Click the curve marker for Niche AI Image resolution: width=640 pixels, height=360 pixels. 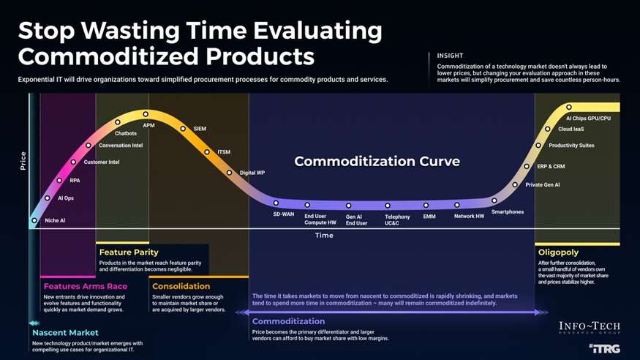click(x=34, y=220)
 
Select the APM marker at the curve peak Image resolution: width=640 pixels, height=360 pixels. click(x=146, y=114)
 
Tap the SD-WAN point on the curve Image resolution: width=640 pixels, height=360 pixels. click(x=276, y=203)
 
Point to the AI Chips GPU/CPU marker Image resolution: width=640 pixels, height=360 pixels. click(x=569, y=107)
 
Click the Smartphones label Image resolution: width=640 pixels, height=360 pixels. click(x=507, y=212)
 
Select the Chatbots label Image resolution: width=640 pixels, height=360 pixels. click(x=126, y=133)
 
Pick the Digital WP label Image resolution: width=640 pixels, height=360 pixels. click(x=252, y=173)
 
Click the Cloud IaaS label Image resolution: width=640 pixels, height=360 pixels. click(x=571, y=129)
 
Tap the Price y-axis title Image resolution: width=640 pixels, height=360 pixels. click(x=23, y=162)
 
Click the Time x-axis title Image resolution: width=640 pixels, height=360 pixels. click(x=324, y=236)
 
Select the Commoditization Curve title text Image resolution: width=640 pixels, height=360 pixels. click(x=377, y=161)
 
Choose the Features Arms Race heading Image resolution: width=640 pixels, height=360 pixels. click(x=84, y=286)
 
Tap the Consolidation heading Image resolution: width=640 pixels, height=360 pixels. click(x=181, y=286)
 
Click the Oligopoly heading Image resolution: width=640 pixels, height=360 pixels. click(x=558, y=252)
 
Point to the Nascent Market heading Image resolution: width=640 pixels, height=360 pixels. click(x=65, y=333)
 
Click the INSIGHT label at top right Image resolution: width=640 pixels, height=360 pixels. click(x=450, y=56)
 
